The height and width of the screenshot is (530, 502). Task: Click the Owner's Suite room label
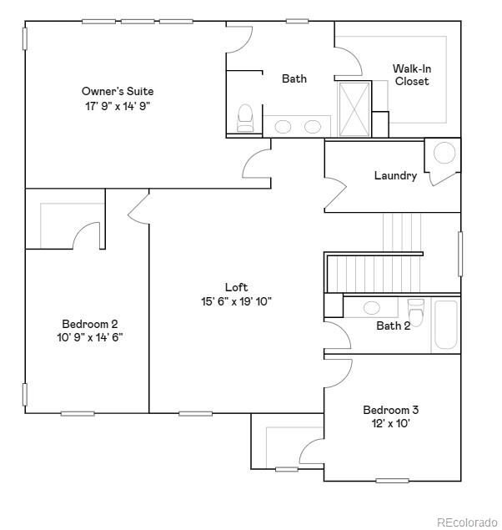coord(118,91)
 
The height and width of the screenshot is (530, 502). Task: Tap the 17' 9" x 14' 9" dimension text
coord(118,106)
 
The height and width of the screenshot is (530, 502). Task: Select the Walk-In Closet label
coord(411,75)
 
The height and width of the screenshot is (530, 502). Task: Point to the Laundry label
coord(395,175)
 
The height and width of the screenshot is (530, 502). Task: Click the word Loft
coord(237,287)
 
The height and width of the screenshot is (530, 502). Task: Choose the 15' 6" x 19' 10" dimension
coord(237,301)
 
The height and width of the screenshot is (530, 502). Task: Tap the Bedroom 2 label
coord(90,324)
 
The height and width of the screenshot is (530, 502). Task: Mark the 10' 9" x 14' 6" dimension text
coord(90,338)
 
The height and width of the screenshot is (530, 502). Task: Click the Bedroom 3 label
coord(390,410)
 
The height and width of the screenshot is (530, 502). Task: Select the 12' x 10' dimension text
coord(390,424)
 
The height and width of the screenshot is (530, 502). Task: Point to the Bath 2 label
coord(393,326)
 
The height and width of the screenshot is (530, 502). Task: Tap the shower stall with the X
coord(354,109)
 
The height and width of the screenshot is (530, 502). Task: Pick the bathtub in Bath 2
coord(445,326)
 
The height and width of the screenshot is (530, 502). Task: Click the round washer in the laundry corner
coord(444,153)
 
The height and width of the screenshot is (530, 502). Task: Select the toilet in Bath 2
coord(416,310)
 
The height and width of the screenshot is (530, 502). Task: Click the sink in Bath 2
coord(373,307)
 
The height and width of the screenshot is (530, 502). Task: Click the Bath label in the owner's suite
coord(294,78)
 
